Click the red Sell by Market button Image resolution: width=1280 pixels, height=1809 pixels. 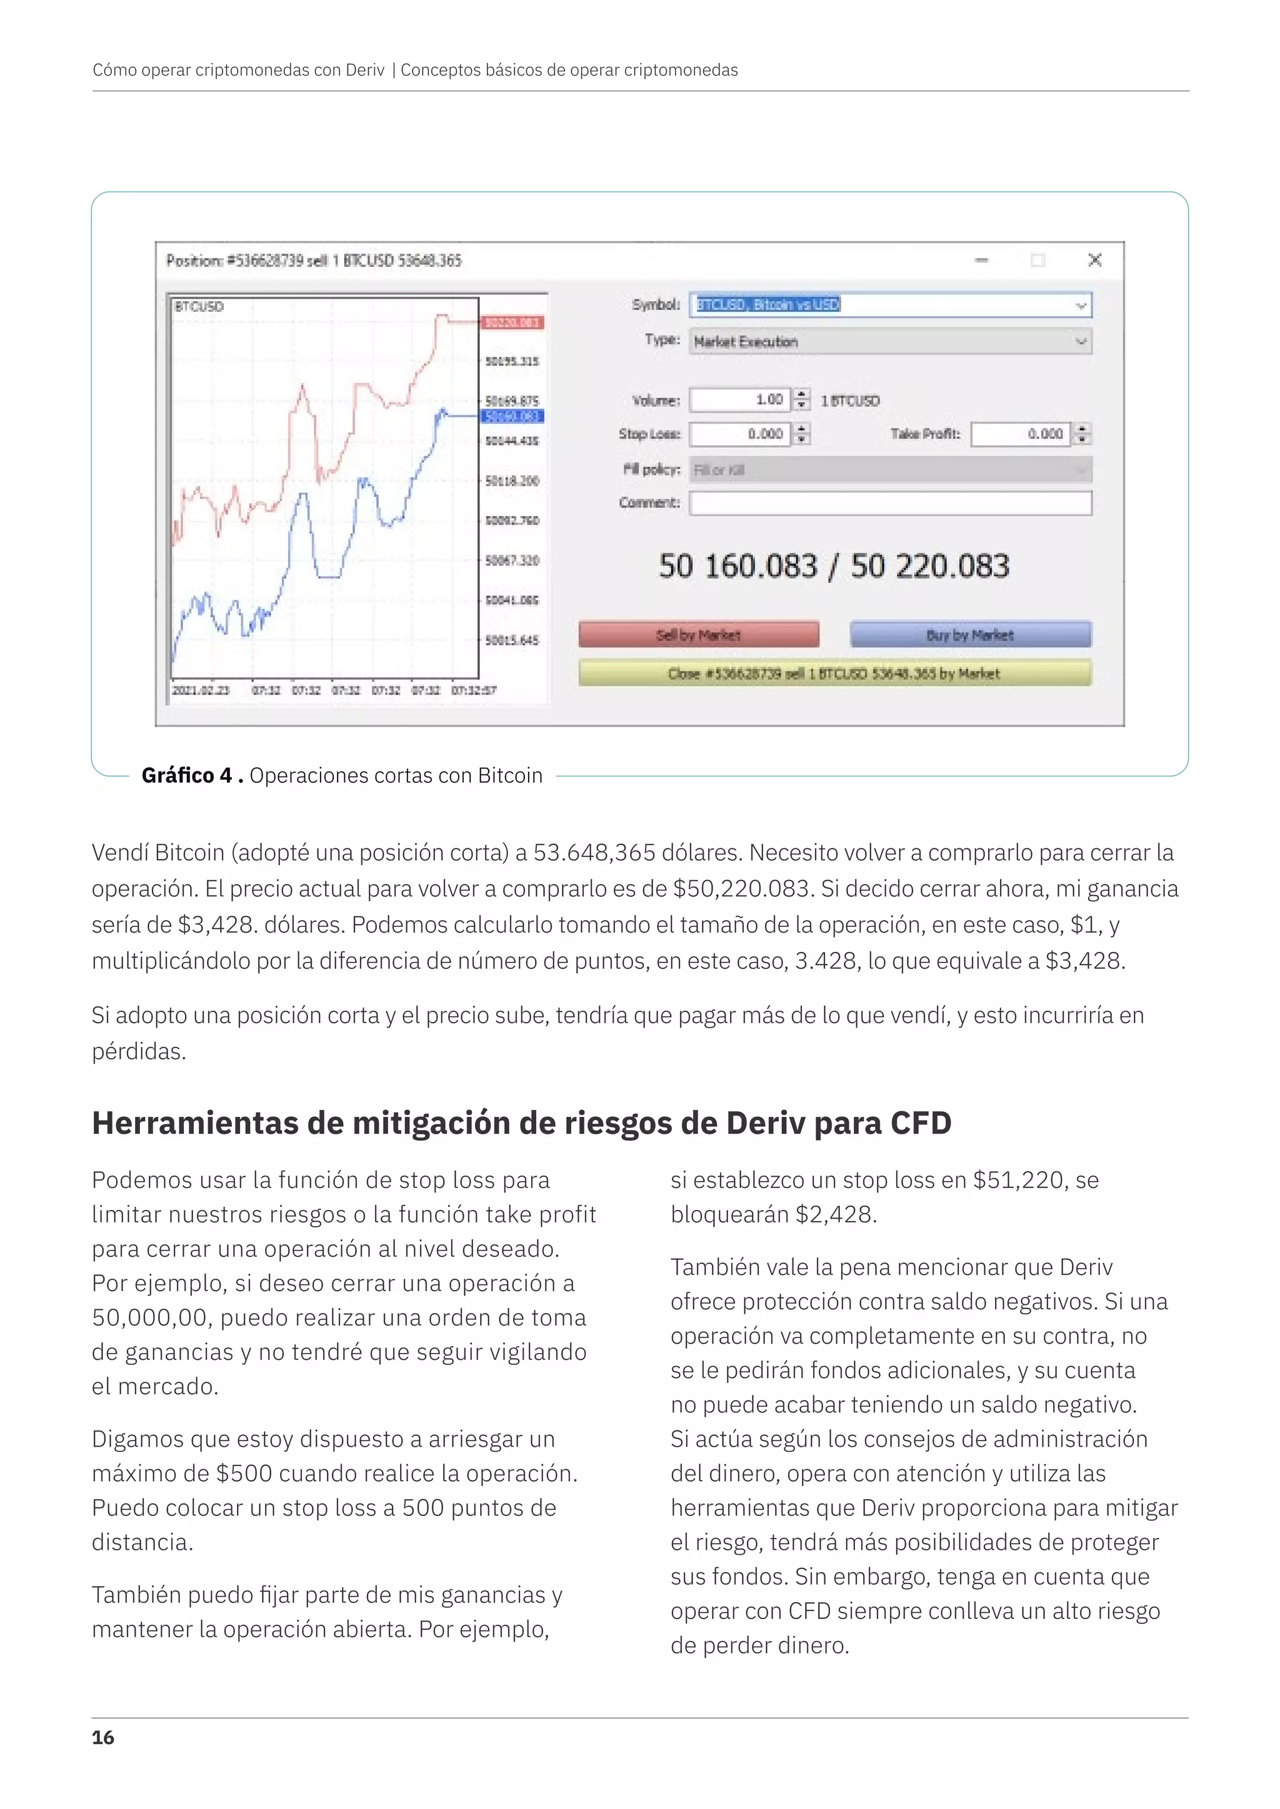[698, 634]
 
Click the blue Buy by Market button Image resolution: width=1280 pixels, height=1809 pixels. [970, 634]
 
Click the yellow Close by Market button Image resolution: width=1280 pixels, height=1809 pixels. [834, 673]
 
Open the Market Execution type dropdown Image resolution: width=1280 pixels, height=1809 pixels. [889, 341]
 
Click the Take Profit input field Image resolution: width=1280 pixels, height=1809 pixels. [1020, 434]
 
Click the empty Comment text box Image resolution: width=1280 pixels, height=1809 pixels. [890, 503]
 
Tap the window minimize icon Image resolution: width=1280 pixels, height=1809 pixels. [981, 260]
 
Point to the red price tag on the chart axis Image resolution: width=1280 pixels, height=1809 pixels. [512, 322]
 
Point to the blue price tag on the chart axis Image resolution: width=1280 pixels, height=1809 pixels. [512, 416]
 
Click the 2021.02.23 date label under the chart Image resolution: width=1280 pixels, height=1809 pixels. [201, 690]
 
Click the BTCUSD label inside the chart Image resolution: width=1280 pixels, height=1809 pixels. [199, 307]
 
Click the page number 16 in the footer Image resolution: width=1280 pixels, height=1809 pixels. [102, 1737]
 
